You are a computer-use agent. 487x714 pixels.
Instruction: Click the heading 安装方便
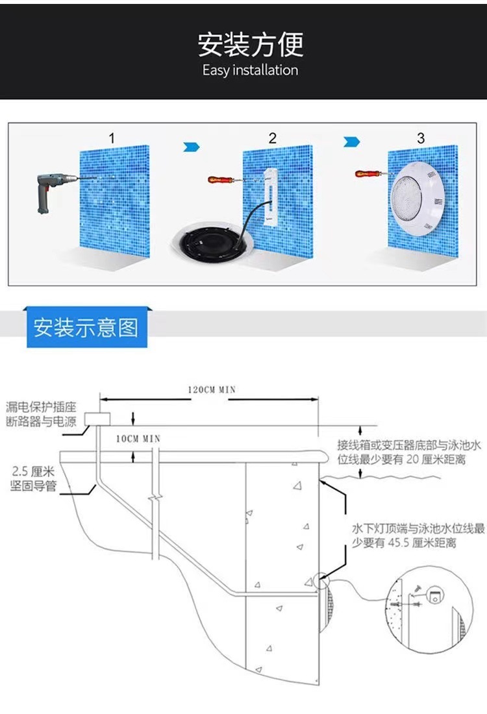pos(250,43)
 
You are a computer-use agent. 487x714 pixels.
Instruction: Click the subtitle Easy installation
pos(250,70)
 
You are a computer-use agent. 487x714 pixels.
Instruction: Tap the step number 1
pos(112,138)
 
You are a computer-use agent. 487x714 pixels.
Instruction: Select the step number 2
pos(273,138)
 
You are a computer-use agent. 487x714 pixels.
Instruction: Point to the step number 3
pos(421,138)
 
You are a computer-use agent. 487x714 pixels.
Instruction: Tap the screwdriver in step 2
pos(221,178)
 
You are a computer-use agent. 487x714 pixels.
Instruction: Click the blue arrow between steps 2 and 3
pos(351,142)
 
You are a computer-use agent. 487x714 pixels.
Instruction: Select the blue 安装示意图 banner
pos(86,327)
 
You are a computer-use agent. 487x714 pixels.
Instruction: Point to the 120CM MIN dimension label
pos(212,390)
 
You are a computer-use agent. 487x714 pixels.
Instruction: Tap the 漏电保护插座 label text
pos(41,407)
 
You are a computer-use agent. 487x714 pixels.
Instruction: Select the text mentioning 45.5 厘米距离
pos(409,535)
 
